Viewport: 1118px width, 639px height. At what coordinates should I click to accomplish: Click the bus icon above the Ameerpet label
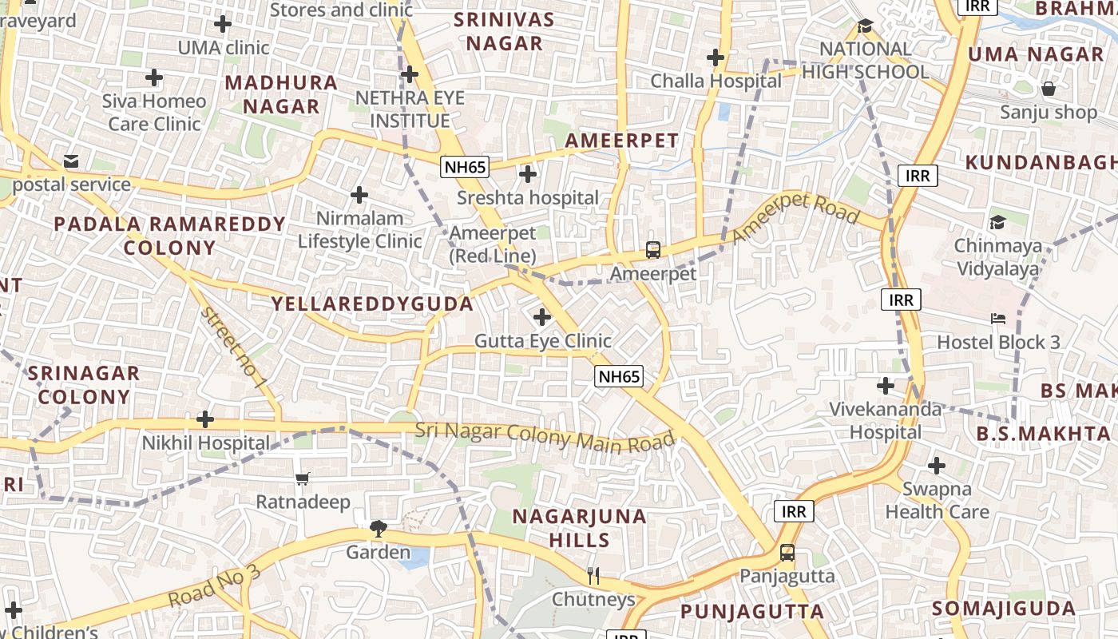(x=653, y=249)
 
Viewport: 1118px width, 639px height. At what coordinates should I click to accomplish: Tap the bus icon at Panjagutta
(x=787, y=552)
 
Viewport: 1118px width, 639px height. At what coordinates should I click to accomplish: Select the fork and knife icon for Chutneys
(x=593, y=575)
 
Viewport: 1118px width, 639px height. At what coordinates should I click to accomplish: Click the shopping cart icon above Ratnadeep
(x=302, y=479)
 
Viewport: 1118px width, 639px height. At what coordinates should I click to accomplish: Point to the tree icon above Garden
(x=378, y=528)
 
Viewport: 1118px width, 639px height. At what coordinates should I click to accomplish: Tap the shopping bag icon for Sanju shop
(x=1048, y=88)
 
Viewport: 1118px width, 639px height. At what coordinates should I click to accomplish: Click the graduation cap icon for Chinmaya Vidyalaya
(x=997, y=222)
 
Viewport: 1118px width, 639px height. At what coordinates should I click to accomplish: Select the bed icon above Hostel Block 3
(x=997, y=319)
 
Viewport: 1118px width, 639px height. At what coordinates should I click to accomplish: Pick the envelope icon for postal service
(x=71, y=161)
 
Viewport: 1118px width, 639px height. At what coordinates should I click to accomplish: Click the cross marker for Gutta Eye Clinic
(x=542, y=317)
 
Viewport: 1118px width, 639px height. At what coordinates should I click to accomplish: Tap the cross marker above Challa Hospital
(x=715, y=58)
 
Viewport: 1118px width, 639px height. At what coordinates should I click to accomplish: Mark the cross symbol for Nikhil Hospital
(x=205, y=419)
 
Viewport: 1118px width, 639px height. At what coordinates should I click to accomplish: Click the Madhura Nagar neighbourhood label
(x=281, y=94)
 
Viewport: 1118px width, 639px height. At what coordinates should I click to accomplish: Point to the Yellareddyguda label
(x=372, y=304)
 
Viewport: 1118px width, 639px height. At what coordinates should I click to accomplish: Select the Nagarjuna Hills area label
(x=579, y=527)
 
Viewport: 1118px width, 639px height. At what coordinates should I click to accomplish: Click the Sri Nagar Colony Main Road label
(x=545, y=436)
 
